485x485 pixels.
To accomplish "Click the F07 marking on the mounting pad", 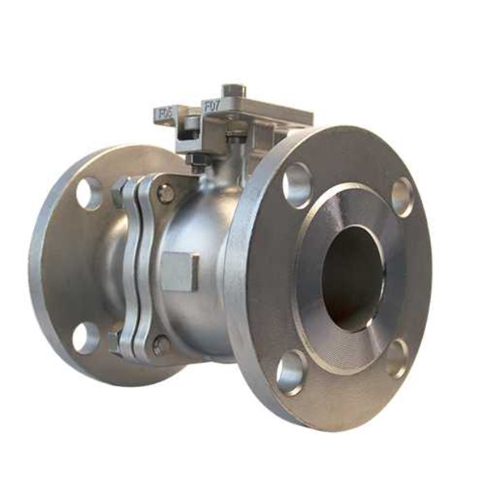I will [212, 104].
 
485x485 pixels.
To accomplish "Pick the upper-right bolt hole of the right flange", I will [402, 196].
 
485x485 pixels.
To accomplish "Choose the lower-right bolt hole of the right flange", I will [396, 358].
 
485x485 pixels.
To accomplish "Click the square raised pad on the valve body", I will [179, 271].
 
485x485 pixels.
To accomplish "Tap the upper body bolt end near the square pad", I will [165, 193].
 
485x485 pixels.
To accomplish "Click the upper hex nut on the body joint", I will [119, 193].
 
